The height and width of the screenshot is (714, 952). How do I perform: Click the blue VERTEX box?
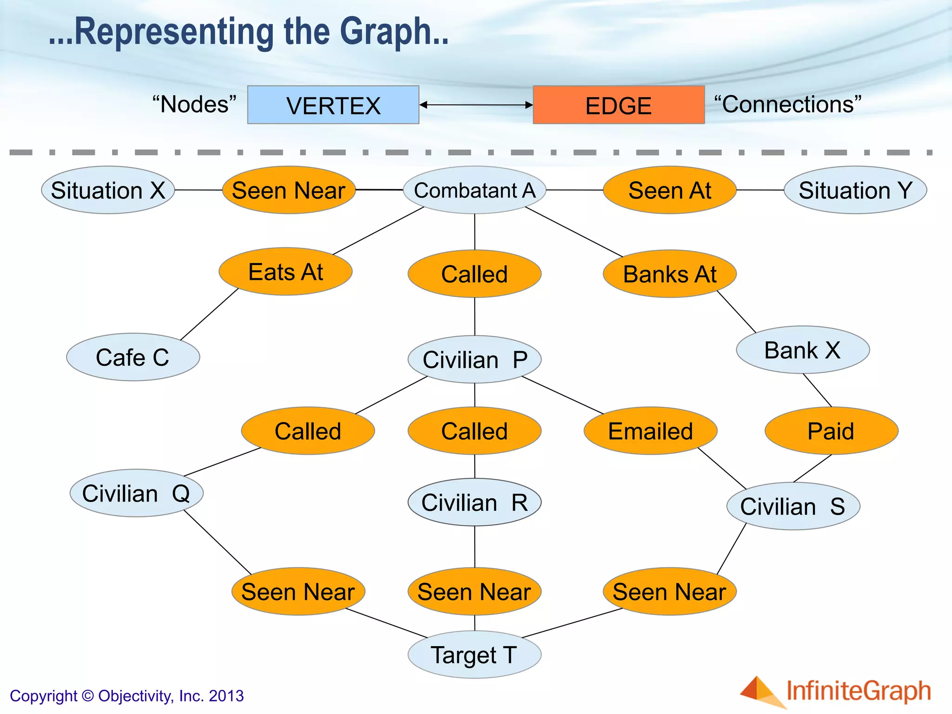click(x=333, y=105)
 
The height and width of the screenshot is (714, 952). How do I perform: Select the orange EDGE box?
click(x=618, y=105)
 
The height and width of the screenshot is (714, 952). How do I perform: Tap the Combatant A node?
click(x=474, y=190)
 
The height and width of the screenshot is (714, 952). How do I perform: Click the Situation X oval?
click(x=108, y=190)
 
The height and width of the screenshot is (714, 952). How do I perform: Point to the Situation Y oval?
click(x=855, y=190)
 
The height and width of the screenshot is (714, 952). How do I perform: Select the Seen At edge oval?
click(x=669, y=190)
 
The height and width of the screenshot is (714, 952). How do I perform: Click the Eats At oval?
click(x=285, y=271)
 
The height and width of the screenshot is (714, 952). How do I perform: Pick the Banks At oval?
click(x=669, y=274)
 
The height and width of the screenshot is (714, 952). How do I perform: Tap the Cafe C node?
click(x=133, y=357)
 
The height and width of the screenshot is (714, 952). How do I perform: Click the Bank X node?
click(x=803, y=350)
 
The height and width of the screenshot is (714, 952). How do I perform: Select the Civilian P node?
click(x=474, y=359)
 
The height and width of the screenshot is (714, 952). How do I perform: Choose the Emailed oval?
click(x=650, y=430)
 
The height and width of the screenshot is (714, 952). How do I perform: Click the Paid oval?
click(x=831, y=430)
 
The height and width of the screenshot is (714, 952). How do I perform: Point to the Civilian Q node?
click(x=136, y=493)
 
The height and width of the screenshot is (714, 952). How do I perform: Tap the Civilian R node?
click(x=474, y=502)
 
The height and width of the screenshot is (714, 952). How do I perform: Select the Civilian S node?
click(x=793, y=506)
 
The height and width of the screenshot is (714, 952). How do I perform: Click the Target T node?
click(x=474, y=654)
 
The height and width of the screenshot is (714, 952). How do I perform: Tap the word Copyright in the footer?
click(x=43, y=696)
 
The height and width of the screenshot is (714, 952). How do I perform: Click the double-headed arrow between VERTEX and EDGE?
click(x=476, y=105)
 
